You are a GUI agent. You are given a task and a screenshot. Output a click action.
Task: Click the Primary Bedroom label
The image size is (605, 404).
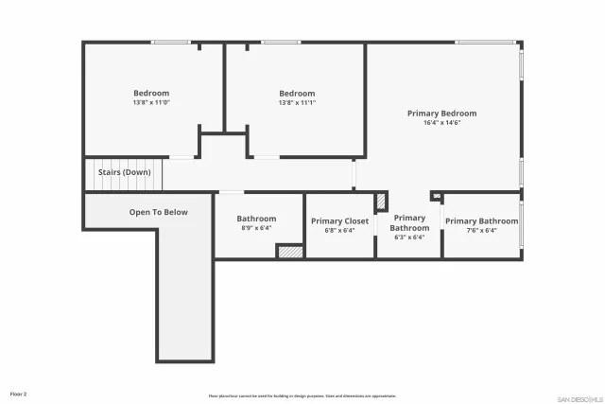pyautogui.click(x=441, y=114)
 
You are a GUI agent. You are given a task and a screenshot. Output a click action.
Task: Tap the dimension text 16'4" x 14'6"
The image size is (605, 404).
pyautogui.click(x=441, y=123)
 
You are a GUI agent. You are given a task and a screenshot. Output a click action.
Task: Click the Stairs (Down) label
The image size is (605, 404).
pyautogui.click(x=124, y=173)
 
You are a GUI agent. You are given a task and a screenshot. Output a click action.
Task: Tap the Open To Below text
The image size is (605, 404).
pyautogui.click(x=158, y=212)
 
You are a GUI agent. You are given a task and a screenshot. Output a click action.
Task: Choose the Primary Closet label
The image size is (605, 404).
pyautogui.click(x=339, y=221)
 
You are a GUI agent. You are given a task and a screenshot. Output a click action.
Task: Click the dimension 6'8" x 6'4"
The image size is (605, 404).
pyautogui.click(x=339, y=230)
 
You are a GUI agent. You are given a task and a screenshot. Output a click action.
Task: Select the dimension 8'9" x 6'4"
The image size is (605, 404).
pyautogui.click(x=256, y=228)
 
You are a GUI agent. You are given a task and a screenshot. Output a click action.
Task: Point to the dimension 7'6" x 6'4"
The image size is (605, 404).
pyautogui.click(x=481, y=230)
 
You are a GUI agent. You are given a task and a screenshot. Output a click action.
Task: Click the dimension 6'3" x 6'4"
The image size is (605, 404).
pyautogui.click(x=409, y=237)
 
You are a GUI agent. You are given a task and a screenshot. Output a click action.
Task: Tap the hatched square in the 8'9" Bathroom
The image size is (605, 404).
pyautogui.click(x=289, y=252)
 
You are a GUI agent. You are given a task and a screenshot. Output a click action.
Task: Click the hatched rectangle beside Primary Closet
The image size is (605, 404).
pyautogui.click(x=381, y=202)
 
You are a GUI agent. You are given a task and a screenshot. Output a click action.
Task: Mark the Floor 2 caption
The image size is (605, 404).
pyautogui.click(x=18, y=394)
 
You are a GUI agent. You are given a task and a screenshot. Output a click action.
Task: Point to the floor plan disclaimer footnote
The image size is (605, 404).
pyautogui.click(x=302, y=395)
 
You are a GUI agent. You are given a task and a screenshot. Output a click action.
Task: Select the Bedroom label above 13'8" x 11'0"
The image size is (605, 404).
pyautogui.click(x=151, y=93)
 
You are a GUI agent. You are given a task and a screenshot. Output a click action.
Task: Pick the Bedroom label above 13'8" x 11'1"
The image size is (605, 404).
pyautogui.click(x=297, y=93)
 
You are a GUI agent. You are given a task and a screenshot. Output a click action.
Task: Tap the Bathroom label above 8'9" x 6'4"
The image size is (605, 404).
pyautogui.click(x=256, y=219)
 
